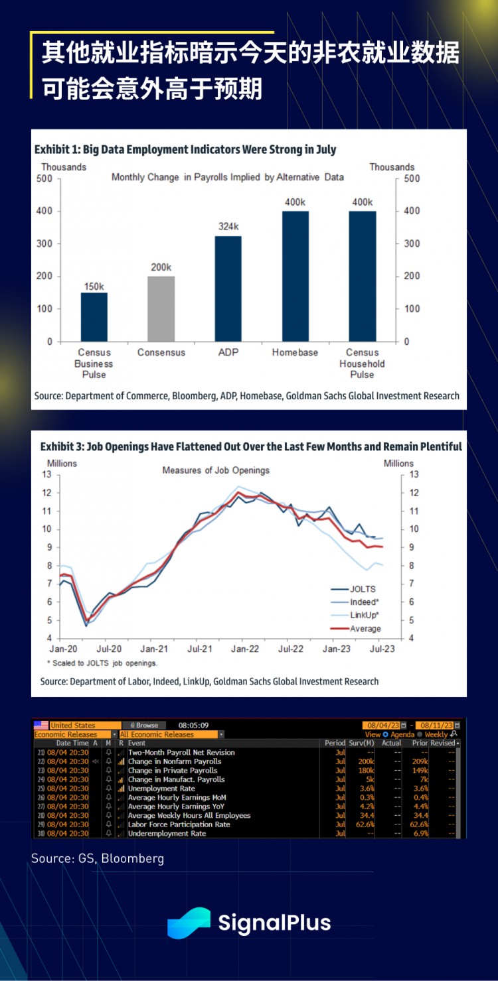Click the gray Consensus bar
(161, 308)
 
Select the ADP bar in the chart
(228, 289)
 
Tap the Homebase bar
(295, 276)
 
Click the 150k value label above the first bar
(94, 287)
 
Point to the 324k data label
(228, 228)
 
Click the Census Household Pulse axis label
(362, 363)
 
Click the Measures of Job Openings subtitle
(216, 470)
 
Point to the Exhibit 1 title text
(185, 149)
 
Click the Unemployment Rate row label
(161, 789)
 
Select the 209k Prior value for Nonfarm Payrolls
(420, 761)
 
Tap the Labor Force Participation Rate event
(179, 824)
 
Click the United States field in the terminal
(84, 726)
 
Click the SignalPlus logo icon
(189, 923)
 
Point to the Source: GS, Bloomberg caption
(97, 858)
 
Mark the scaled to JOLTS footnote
(102, 663)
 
